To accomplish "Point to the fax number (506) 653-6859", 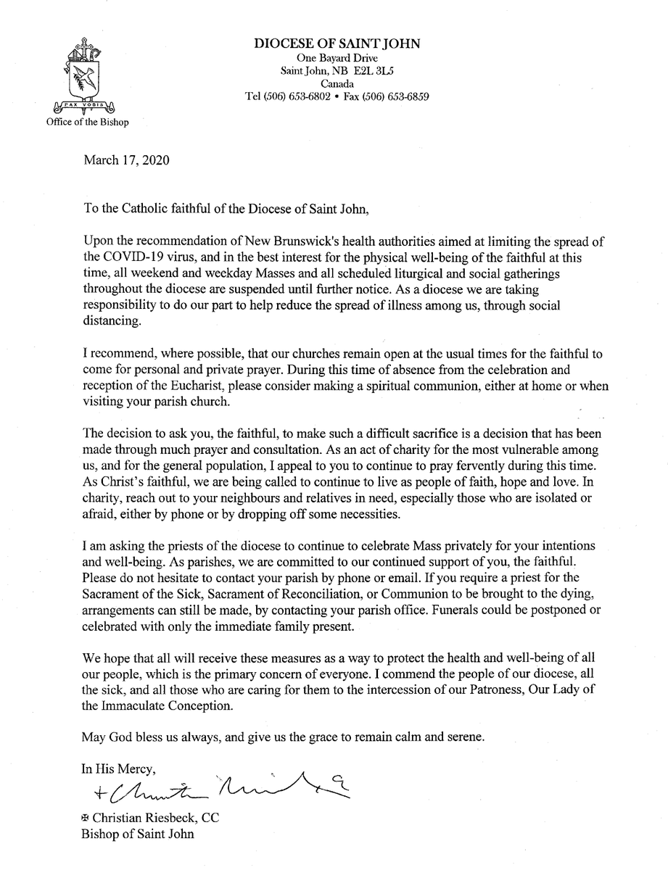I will pyautogui.click(x=400, y=96).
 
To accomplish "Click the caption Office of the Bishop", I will pyautogui.click(x=85, y=122).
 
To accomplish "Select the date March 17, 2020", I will pyautogui.click(x=127, y=159).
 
